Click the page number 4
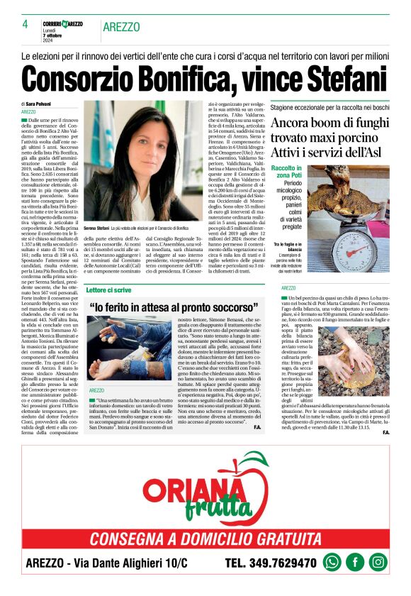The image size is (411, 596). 25,24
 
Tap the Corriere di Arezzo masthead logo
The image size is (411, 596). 62,24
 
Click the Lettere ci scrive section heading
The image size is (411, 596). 109,290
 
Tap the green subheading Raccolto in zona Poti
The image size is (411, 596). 291,170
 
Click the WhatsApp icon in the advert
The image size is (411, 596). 332,561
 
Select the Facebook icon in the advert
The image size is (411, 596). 355,561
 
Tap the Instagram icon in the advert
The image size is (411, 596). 378,561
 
